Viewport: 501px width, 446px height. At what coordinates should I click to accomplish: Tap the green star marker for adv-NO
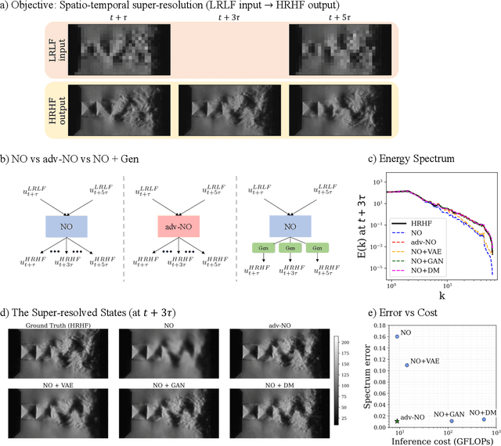[397, 421]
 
